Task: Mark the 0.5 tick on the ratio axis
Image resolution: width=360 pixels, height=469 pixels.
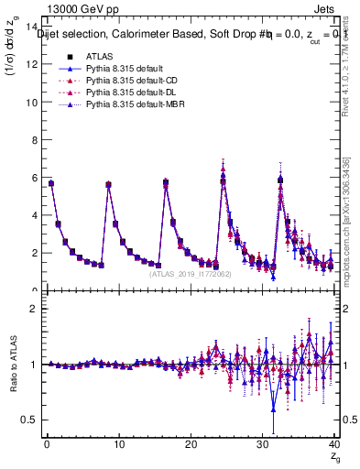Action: tap(27, 420)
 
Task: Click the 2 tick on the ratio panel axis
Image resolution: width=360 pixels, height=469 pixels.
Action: tap(32, 309)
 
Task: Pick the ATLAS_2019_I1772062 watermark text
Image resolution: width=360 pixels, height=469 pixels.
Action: tap(191, 274)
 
